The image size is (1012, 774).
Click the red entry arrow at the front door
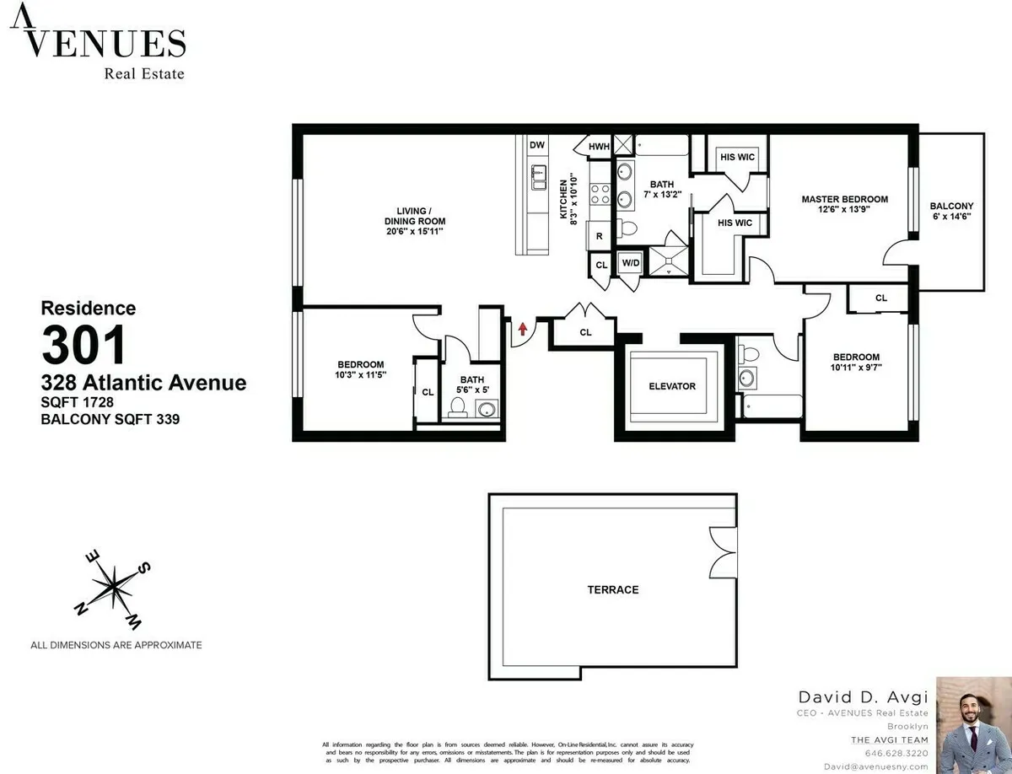[523, 329]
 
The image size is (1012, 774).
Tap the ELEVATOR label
[672, 386]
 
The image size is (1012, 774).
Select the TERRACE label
[613, 590]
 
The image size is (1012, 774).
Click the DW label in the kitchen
[537, 145]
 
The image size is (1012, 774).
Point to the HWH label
[599, 147]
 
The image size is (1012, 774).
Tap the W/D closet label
[631, 263]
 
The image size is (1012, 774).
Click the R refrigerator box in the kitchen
[600, 237]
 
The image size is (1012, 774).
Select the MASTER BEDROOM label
[844, 199]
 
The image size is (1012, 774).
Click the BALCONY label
[951, 206]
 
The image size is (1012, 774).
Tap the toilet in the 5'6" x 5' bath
[458, 408]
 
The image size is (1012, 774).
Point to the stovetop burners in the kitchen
[600, 195]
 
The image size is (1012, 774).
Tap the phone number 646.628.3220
[896, 753]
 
